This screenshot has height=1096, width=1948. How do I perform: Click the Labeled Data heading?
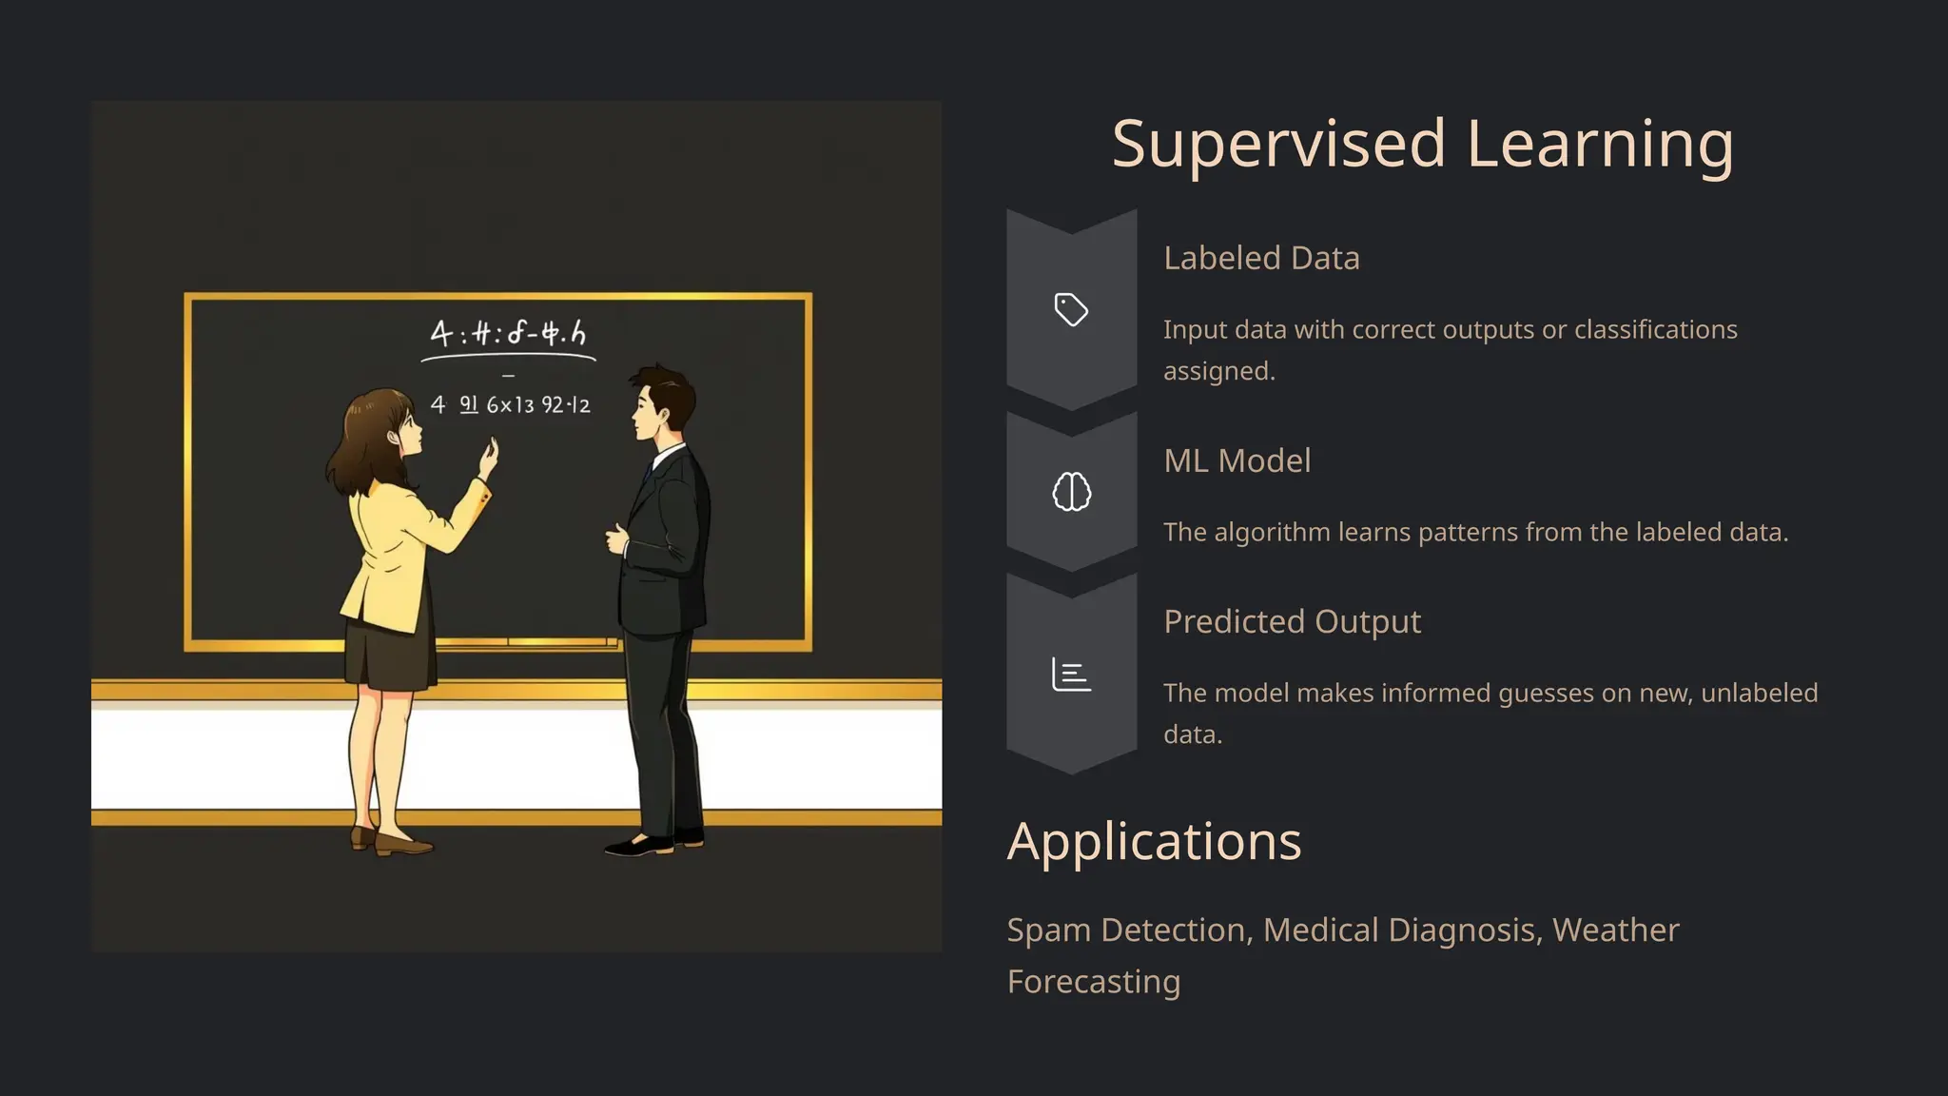pyautogui.click(x=1261, y=258)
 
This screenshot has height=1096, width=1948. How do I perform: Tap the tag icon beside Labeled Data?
pyautogui.click(x=1071, y=310)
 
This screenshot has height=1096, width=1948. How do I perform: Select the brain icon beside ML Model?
pyautogui.click(x=1071, y=492)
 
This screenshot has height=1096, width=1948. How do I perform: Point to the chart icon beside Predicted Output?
pyautogui.click(x=1071, y=675)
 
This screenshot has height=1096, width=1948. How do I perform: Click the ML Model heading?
pyautogui.click(x=1237, y=460)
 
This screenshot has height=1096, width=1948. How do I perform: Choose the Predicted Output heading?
pyautogui.click(x=1292, y=621)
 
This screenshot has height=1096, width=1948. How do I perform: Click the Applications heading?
pyautogui.click(x=1154, y=841)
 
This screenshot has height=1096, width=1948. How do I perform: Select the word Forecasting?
pyautogui.click(x=1094, y=981)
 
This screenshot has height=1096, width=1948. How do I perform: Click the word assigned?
pyautogui.click(x=1217, y=371)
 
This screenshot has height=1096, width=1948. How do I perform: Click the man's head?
pyautogui.click(x=662, y=401)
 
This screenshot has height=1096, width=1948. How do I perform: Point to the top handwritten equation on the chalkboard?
pyautogui.click(x=508, y=334)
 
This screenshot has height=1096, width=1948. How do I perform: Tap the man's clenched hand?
pyautogui.click(x=616, y=538)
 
